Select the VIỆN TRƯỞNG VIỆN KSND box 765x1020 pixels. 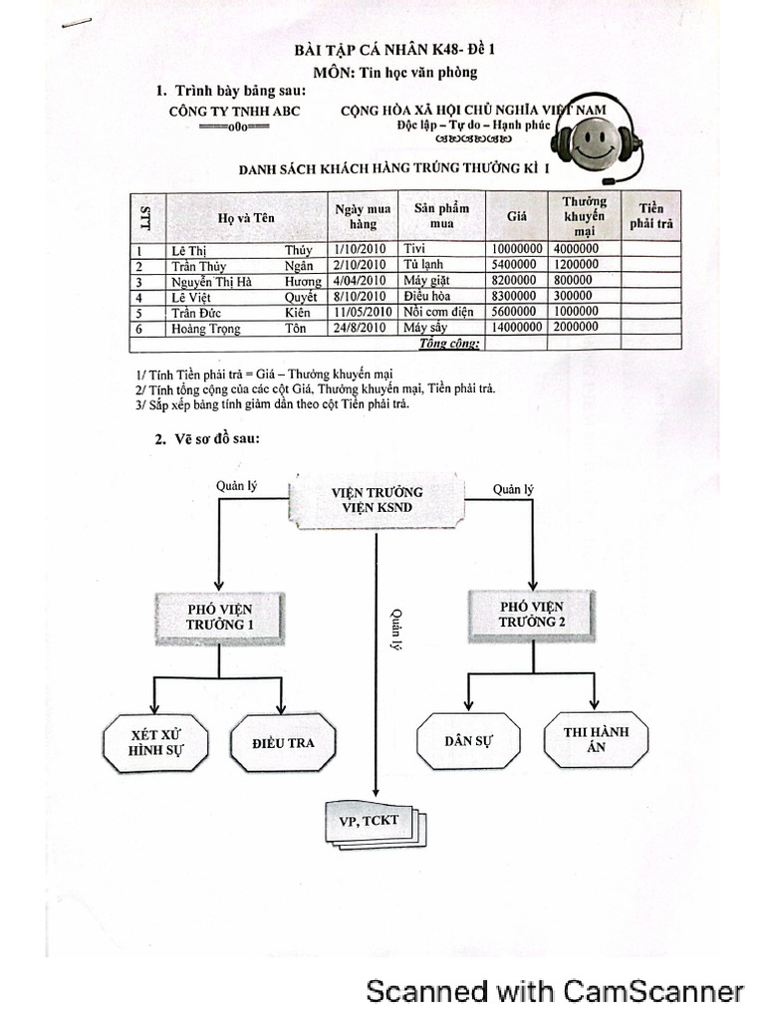[x=376, y=500]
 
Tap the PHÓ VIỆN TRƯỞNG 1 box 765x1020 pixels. [x=219, y=616]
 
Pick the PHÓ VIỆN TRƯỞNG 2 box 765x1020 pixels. [x=531, y=614]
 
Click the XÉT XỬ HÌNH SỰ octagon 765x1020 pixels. [x=156, y=743]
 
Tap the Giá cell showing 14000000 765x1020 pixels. [x=516, y=328]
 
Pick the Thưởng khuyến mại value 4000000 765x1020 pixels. [x=577, y=249]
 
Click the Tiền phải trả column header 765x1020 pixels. [x=651, y=215]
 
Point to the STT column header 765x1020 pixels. [x=146, y=215]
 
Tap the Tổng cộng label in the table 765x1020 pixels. [x=450, y=344]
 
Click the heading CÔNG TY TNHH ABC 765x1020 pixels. [x=235, y=111]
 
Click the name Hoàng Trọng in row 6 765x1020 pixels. [x=206, y=328]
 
